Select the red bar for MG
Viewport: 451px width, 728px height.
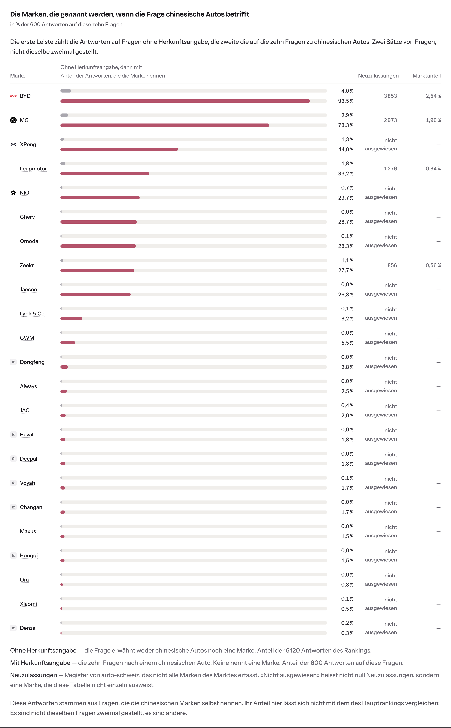tap(165, 125)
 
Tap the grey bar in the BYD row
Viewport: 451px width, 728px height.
tap(66, 91)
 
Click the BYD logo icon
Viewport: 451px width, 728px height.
tap(13, 96)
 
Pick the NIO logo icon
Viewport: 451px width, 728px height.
tap(13, 193)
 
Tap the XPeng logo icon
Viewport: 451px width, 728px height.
tap(13, 144)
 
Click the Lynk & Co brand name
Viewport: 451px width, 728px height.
tap(32, 314)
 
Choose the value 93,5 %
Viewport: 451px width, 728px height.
tap(346, 101)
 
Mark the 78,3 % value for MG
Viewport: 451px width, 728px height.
tap(346, 125)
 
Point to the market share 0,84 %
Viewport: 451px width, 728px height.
tap(433, 169)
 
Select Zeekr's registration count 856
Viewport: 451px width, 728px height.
tap(392, 265)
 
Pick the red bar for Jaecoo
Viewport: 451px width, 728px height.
tap(95, 294)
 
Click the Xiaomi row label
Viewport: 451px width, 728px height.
tap(28, 604)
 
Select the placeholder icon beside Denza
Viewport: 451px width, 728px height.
tap(13, 628)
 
